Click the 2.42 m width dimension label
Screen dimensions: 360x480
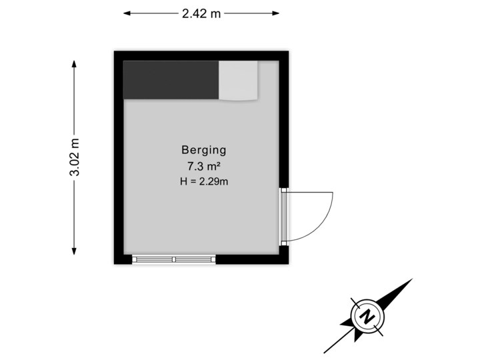[201, 13]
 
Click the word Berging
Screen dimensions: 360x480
[204, 150]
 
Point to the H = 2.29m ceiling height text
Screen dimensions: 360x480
[204, 181]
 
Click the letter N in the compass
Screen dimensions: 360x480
[366, 316]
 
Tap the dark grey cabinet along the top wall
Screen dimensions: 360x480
[171, 80]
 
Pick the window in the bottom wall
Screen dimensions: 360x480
[174, 259]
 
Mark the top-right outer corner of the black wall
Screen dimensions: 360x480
[291, 48]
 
